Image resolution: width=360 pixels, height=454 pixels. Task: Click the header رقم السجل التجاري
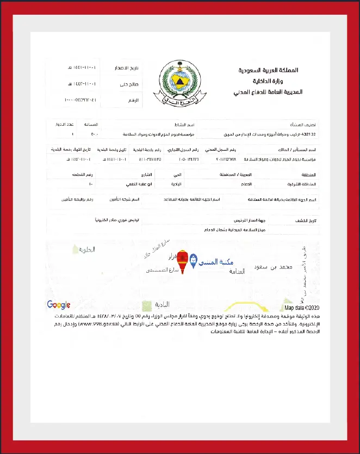click(182, 149)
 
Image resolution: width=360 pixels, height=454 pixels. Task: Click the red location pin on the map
click(183, 260)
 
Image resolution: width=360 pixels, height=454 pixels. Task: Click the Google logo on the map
click(58, 305)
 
